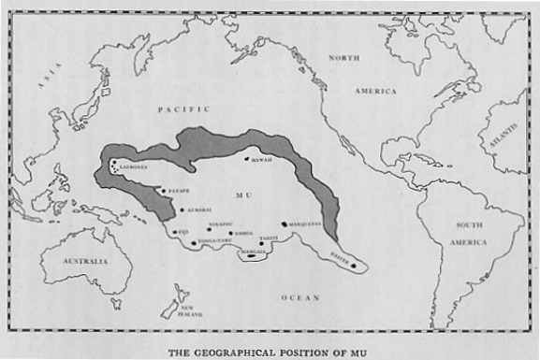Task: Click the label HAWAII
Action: pyautogui.click(x=262, y=159)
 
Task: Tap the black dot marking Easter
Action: pyautogui.click(x=355, y=267)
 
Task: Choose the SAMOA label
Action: pyautogui.click(x=243, y=233)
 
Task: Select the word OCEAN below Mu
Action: pyautogui.click(x=299, y=297)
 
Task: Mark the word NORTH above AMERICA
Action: pyautogui.click(x=345, y=58)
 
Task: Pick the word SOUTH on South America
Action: pyautogui.click(x=470, y=225)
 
